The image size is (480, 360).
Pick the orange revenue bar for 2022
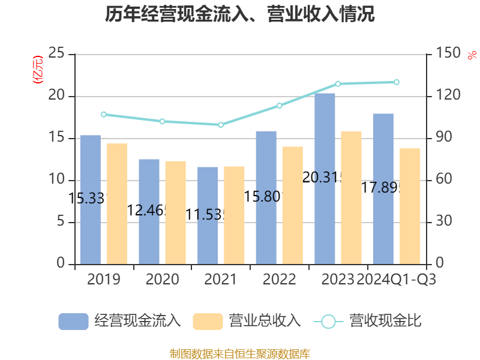click(x=292, y=205)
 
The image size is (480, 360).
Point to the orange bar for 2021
click(x=234, y=215)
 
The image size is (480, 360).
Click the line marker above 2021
click(x=221, y=125)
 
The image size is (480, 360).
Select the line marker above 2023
click(x=338, y=83)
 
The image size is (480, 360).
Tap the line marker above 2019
click(x=103, y=114)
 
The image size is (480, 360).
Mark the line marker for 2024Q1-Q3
click(x=396, y=82)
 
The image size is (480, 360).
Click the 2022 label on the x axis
click(x=279, y=280)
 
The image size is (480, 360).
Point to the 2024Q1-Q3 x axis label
click(x=396, y=280)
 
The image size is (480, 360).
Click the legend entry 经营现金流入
click(x=120, y=321)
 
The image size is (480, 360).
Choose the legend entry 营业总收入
click(x=246, y=321)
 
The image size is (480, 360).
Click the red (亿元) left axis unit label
click(x=38, y=70)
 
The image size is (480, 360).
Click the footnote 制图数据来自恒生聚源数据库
click(x=240, y=353)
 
